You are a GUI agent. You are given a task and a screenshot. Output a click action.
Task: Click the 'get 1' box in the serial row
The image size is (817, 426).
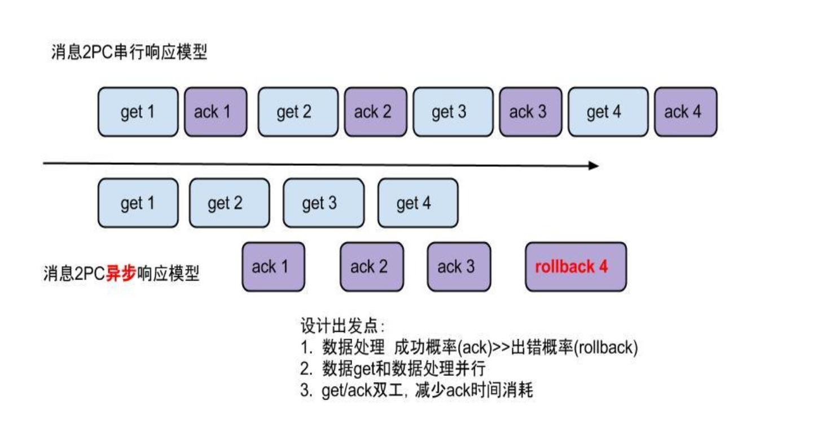pyautogui.click(x=138, y=112)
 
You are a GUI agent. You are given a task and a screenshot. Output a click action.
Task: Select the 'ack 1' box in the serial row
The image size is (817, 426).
pyautogui.click(x=216, y=112)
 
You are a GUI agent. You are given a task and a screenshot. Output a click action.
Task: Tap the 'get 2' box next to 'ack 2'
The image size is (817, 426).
pyautogui.click(x=298, y=112)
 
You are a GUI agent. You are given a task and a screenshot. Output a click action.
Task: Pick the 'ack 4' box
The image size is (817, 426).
pyautogui.click(x=686, y=112)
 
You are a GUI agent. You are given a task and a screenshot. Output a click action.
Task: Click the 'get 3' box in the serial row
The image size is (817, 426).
pyautogui.click(x=453, y=112)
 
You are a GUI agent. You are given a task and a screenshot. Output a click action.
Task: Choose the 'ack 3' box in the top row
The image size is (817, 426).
pyautogui.click(x=531, y=112)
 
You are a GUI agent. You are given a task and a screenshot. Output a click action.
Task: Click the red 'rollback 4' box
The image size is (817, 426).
pyautogui.click(x=576, y=267)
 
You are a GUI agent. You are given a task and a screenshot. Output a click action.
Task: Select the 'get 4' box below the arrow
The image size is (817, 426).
pyautogui.click(x=418, y=203)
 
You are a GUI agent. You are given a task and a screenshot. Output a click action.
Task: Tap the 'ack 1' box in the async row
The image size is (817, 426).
pyautogui.click(x=274, y=267)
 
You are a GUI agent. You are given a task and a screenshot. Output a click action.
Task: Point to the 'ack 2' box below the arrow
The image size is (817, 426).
pyautogui.click(x=372, y=267)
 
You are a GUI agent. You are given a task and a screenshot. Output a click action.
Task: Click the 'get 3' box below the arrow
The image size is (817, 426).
pyautogui.click(x=323, y=203)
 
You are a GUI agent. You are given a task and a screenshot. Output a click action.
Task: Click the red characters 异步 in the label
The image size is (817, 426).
pyautogui.click(x=121, y=273)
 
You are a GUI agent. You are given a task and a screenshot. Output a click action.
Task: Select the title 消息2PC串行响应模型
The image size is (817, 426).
pyautogui.click(x=129, y=52)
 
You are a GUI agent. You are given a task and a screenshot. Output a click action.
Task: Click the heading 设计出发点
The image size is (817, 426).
pyautogui.click(x=339, y=326)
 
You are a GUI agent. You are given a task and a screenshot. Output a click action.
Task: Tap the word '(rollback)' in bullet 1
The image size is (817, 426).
pyautogui.click(x=606, y=347)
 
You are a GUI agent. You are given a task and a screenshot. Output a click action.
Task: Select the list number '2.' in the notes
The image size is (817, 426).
pyautogui.click(x=306, y=369)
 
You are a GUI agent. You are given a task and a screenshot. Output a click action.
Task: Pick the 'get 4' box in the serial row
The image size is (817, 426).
pyautogui.click(x=608, y=112)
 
